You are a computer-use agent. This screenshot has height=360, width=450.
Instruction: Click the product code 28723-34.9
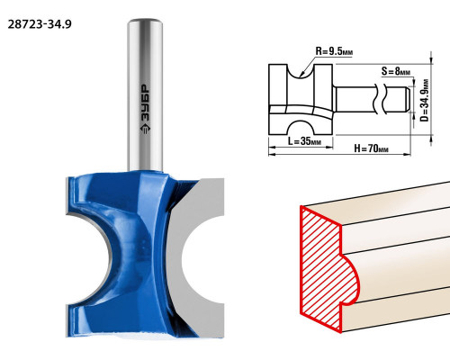(x=40, y=24)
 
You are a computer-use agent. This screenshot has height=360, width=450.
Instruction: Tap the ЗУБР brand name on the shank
(x=145, y=103)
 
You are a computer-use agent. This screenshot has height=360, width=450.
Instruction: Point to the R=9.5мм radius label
(x=334, y=51)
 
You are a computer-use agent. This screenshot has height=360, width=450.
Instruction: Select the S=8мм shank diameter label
(x=396, y=71)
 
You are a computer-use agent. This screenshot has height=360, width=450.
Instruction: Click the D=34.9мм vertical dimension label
(x=424, y=100)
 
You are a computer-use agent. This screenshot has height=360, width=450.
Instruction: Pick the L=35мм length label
(x=304, y=140)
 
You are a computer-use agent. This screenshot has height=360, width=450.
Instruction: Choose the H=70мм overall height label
(x=372, y=148)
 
